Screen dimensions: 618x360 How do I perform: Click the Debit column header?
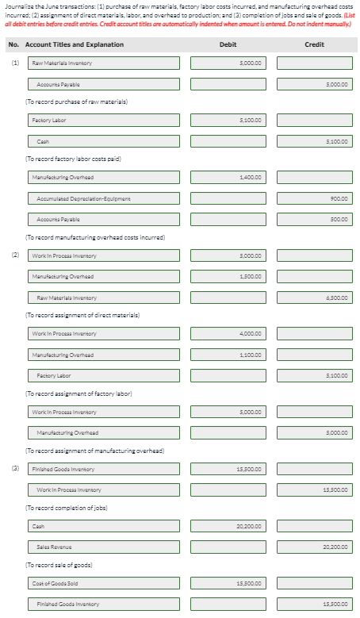228,44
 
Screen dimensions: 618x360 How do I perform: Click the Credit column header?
314,44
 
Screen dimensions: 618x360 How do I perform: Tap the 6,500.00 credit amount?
314,297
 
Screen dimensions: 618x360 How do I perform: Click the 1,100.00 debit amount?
228,353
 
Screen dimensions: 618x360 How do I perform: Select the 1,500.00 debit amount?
228,277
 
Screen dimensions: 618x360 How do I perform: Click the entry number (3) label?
14,469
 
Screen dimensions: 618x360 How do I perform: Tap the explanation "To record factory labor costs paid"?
73,159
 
